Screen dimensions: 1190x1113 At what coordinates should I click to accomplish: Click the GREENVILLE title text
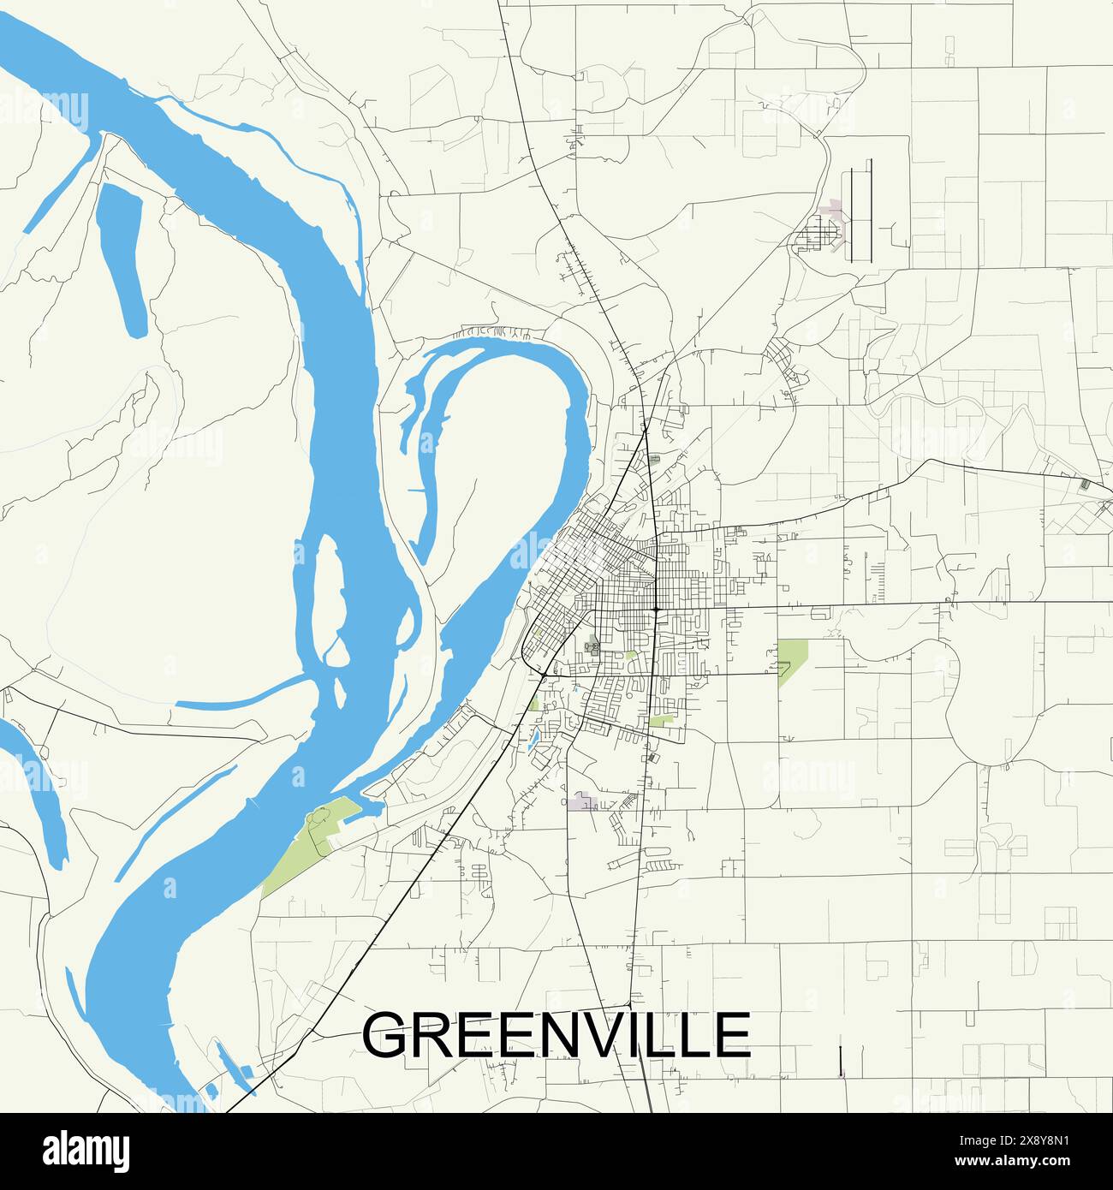(x=556, y=1034)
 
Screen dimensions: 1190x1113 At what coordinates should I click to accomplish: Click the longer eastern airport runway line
(x=870, y=210)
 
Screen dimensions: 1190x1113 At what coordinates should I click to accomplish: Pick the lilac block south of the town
(x=584, y=802)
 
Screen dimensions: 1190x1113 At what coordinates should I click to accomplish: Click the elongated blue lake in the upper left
(x=120, y=257)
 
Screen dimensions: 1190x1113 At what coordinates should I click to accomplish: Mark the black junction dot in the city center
(x=655, y=609)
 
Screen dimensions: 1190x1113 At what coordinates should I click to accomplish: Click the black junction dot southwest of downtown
(x=544, y=675)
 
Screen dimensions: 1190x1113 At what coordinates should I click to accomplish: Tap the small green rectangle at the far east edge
(x=1086, y=484)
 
